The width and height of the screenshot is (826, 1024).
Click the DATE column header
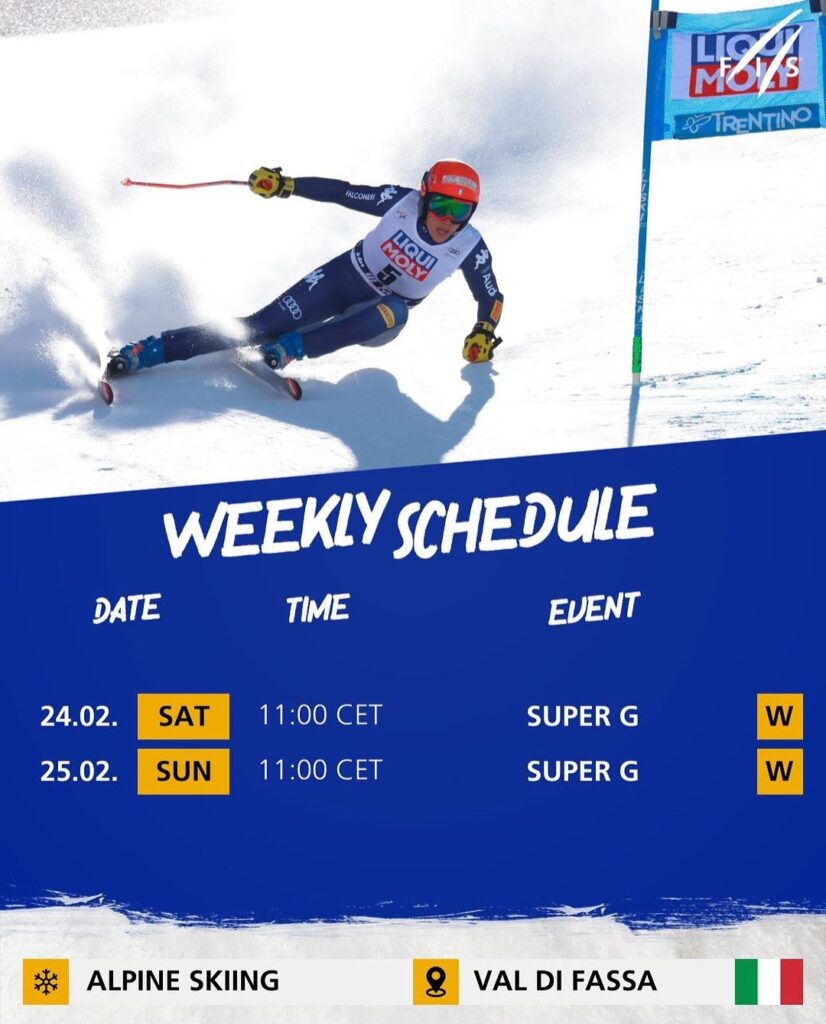point(127,609)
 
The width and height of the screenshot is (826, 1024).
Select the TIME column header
point(318,607)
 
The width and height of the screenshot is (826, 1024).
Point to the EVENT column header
point(594,608)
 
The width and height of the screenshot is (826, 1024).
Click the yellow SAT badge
point(183,716)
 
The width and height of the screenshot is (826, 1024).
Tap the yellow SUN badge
point(183,771)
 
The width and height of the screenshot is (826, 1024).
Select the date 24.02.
point(79,716)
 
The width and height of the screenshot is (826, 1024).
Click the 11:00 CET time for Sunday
point(320,770)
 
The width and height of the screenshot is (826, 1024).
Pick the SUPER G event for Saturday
point(582,716)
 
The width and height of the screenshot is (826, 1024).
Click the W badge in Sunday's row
point(780,771)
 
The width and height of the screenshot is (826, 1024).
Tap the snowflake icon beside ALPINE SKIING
point(46,982)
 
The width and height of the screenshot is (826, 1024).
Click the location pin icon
point(436,982)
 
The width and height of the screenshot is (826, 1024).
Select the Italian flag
point(769,982)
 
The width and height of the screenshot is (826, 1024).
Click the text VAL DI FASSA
point(565,981)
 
